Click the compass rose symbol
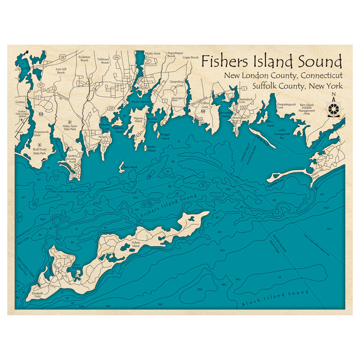333,106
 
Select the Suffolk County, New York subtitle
297,86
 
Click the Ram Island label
130,167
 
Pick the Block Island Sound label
275,299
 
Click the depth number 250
200,289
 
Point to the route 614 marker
116,57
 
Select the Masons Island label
138,120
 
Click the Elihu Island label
270,124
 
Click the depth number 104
227,189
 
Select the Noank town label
103,137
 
